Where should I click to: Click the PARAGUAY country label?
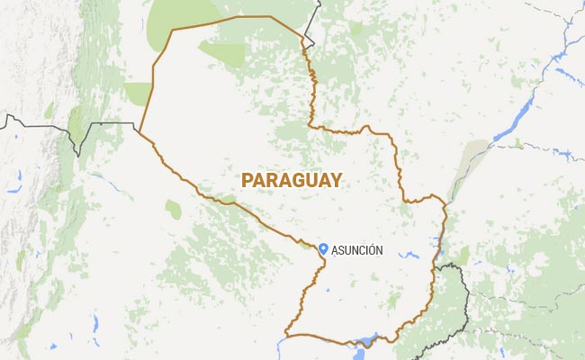click(x=292, y=180)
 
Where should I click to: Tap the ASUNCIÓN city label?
click(x=358, y=250)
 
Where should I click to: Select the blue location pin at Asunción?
click(x=323, y=248)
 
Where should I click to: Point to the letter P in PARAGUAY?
click(x=247, y=180)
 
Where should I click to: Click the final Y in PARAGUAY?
click(x=336, y=180)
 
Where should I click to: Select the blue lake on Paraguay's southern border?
click(x=366, y=341)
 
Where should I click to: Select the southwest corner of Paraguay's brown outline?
click(x=285, y=333)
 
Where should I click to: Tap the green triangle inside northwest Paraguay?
click(x=220, y=52)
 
